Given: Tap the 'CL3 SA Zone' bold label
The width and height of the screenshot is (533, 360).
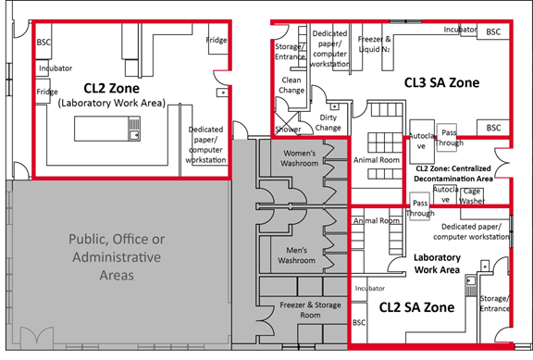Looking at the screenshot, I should [441, 83].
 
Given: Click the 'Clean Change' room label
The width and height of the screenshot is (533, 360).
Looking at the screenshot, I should [291, 85].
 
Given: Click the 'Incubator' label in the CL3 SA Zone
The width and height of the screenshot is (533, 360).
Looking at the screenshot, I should [460, 30].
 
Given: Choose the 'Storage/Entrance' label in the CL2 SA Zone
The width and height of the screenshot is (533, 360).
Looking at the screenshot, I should [496, 304].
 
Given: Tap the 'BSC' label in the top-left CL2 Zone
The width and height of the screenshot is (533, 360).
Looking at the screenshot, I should [43, 43].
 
